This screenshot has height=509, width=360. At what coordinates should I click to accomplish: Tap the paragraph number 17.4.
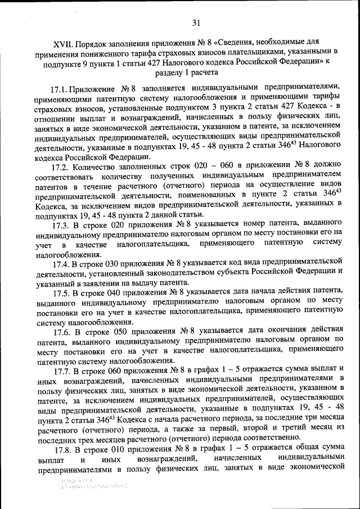(x=60, y=263)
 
